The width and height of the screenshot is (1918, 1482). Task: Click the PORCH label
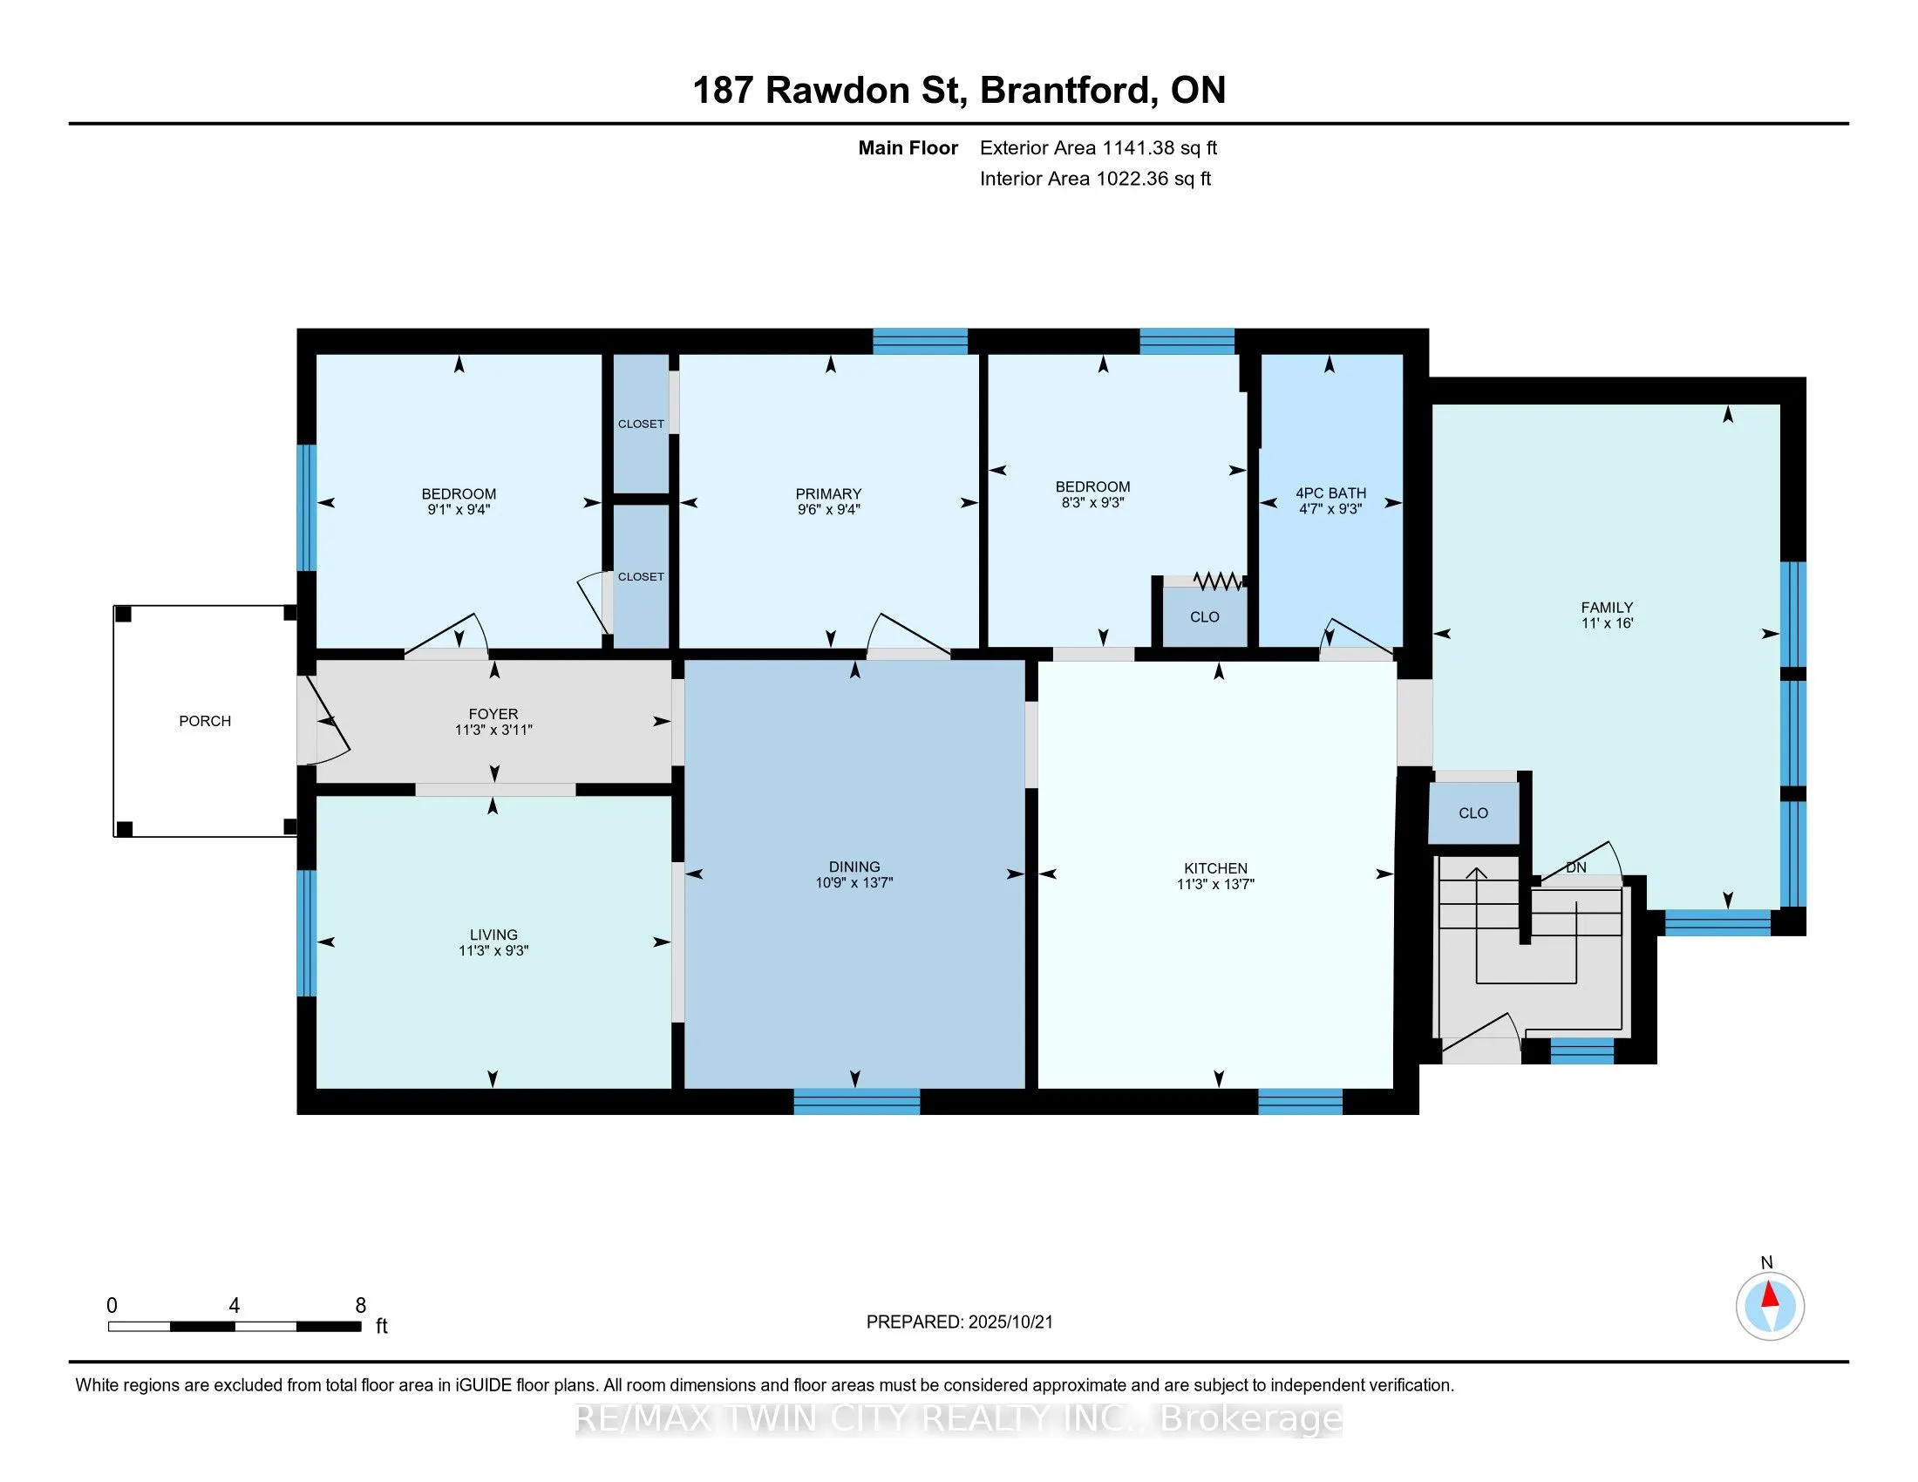(205, 721)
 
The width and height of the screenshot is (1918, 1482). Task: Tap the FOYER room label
(493, 714)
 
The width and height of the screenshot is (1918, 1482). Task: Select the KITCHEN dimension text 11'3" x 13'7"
(1215, 884)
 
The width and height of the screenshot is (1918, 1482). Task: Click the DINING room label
(854, 867)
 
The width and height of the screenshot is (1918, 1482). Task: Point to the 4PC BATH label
(1331, 493)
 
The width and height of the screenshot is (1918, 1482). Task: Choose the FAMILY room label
(1607, 608)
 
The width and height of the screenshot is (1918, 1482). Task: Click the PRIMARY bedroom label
(828, 493)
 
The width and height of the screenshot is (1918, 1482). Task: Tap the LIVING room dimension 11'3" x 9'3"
(493, 950)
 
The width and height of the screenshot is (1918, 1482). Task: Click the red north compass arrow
(1771, 1295)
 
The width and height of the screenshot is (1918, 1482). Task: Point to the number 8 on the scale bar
(360, 1306)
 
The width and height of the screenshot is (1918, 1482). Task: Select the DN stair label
(1576, 867)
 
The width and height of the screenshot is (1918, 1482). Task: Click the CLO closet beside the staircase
(1473, 813)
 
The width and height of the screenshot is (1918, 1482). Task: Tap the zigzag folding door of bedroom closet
(1218, 581)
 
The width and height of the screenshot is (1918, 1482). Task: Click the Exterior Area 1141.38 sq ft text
(1098, 147)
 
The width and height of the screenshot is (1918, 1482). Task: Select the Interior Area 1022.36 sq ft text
(1095, 178)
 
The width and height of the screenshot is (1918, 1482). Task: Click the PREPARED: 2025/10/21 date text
(959, 1322)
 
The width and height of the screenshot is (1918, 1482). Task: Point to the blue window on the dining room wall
(857, 1101)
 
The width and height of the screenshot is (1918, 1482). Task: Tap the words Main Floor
(908, 147)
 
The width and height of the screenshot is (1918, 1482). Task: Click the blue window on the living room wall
(307, 933)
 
